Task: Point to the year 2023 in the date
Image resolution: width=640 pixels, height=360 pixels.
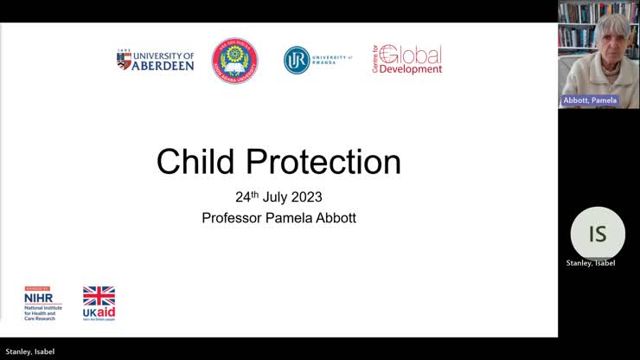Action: point(306,196)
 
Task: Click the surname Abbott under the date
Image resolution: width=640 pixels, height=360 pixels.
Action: point(334,218)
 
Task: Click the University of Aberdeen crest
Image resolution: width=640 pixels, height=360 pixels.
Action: point(124,60)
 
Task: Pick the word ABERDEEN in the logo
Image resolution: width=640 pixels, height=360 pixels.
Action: point(163,65)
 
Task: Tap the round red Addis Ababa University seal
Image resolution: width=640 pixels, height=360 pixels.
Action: point(234,61)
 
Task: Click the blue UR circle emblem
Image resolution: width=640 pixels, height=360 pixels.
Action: point(297,60)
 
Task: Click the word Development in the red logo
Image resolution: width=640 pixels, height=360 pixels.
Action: point(411,69)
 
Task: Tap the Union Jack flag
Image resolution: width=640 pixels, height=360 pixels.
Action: point(99,296)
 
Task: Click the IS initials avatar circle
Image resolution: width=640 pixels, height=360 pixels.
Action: point(598,234)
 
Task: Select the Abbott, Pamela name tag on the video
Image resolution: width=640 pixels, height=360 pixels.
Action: point(590,100)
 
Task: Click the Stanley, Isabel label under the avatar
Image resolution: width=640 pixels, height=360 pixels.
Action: point(591,263)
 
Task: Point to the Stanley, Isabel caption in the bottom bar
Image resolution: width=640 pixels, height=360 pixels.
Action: point(30,351)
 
